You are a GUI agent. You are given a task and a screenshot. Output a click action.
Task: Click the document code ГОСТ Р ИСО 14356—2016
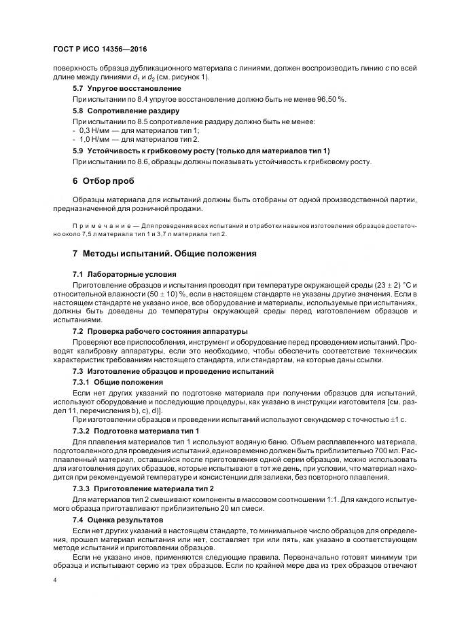coord(99,50)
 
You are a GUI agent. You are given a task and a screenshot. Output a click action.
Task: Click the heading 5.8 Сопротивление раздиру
coord(126,111)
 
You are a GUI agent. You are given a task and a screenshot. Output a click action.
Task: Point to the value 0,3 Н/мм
coord(95,130)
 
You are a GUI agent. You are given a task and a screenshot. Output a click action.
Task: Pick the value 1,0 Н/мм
coord(95,139)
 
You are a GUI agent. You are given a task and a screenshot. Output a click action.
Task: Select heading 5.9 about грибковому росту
coord(200,151)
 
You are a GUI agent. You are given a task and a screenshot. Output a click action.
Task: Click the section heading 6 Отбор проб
coord(103,181)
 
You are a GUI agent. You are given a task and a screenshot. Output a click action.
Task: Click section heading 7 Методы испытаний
coord(164,254)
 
